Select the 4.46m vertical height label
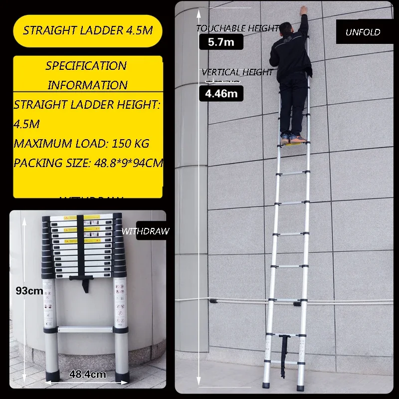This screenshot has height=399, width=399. [x=221, y=93]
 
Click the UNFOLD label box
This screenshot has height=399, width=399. [x=363, y=32]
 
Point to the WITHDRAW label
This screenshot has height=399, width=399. [x=145, y=231]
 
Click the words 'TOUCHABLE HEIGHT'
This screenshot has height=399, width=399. [x=237, y=28]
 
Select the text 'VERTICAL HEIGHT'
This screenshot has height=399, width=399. [x=237, y=72]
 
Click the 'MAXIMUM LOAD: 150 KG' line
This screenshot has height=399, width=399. [x=81, y=144]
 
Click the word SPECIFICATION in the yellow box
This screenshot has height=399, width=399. [x=86, y=66]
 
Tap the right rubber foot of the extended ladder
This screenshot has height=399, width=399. [x=301, y=386]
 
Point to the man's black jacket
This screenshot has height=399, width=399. [x=290, y=55]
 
